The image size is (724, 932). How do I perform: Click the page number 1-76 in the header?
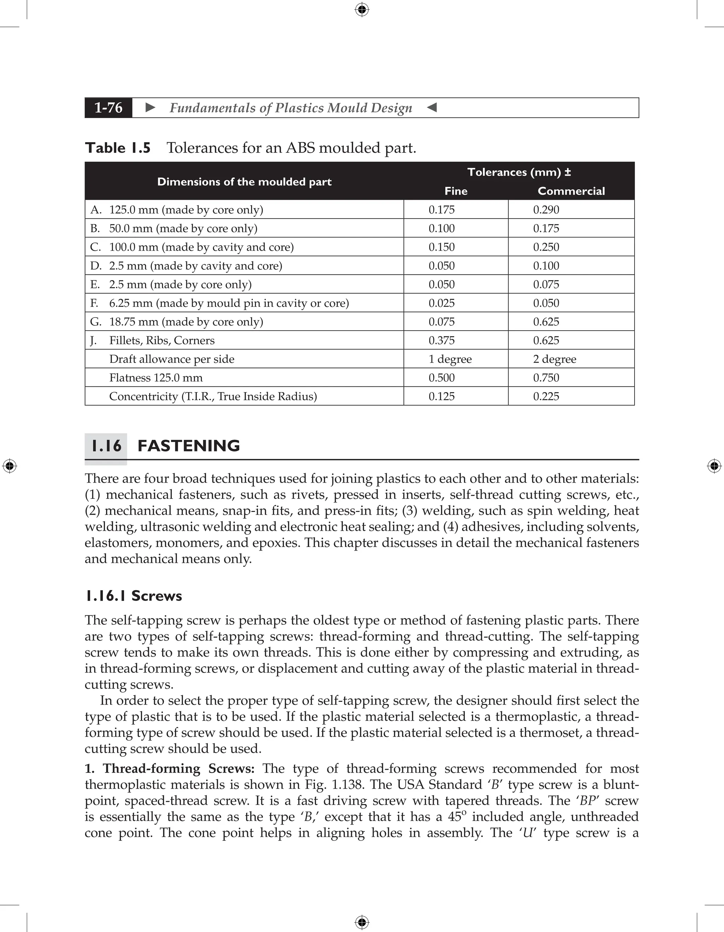click(x=109, y=107)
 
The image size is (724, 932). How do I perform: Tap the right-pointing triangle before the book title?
click(x=150, y=107)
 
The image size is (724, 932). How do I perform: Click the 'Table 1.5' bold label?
click(x=118, y=148)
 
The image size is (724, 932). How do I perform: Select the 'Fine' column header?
click(x=456, y=191)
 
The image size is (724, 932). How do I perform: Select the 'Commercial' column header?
click(x=571, y=191)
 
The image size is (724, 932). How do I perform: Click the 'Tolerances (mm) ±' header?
click(x=519, y=172)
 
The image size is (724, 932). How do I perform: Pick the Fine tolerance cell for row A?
click(x=442, y=210)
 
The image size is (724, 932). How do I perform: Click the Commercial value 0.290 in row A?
click(x=546, y=210)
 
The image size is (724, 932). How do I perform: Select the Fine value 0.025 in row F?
click(x=442, y=303)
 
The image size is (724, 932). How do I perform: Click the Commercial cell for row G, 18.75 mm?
click(x=546, y=322)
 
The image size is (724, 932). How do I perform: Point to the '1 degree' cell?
click(x=450, y=359)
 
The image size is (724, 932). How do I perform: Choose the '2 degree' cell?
click(x=554, y=359)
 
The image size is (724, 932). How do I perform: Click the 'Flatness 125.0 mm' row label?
click(x=156, y=378)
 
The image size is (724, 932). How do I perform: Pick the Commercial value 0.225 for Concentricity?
click(x=546, y=396)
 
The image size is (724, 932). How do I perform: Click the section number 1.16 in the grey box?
click(x=106, y=446)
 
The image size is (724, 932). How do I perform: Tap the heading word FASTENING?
click(x=188, y=446)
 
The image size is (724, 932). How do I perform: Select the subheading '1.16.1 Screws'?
click(x=134, y=596)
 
